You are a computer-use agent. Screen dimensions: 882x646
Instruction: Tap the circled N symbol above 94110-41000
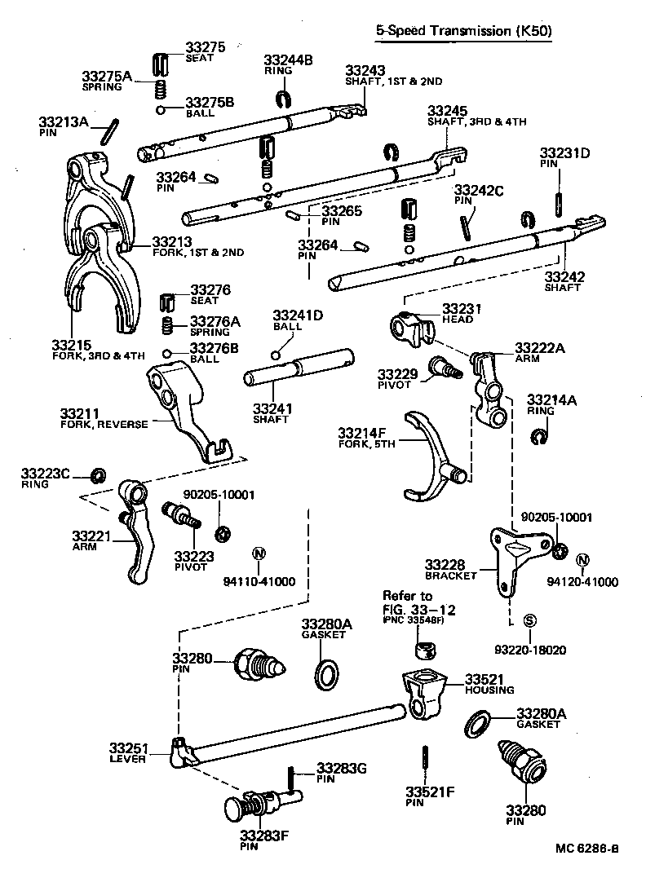point(259,553)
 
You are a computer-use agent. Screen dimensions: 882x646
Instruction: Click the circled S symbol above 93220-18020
point(529,620)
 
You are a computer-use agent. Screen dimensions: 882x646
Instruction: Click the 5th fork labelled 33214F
point(432,456)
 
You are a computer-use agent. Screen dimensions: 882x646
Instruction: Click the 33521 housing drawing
point(425,692)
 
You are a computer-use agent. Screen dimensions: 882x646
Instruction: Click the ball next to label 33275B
point(163,110)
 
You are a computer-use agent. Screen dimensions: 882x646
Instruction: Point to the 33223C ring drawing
point(98,475)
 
